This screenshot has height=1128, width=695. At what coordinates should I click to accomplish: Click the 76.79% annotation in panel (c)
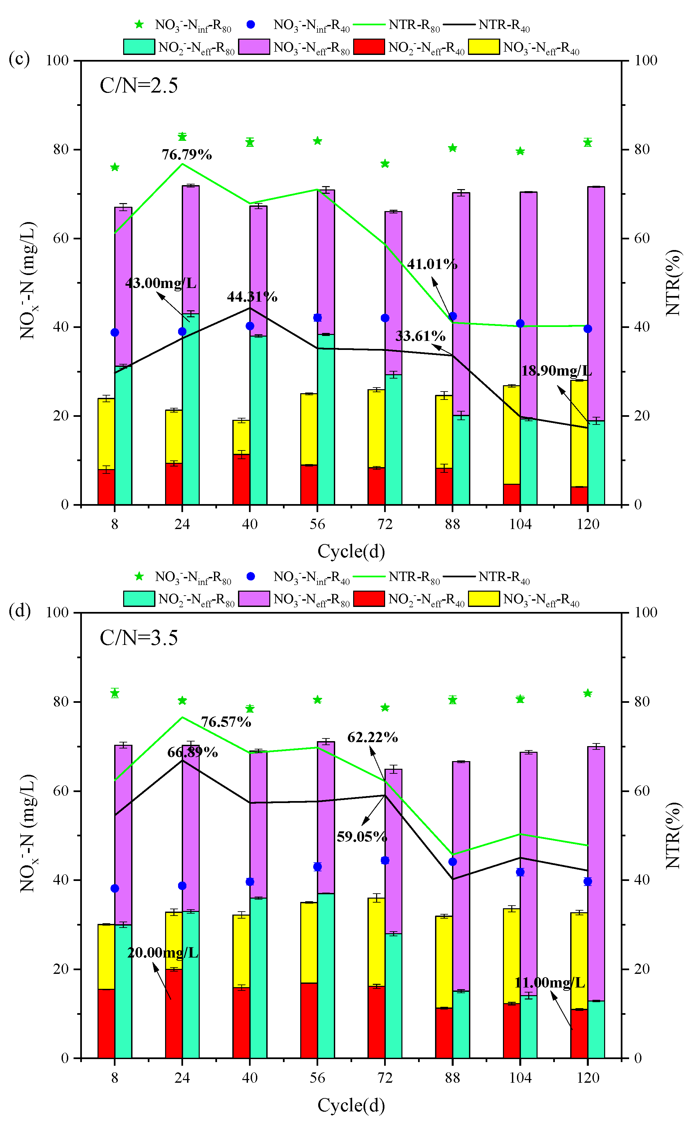[x=187, y=155]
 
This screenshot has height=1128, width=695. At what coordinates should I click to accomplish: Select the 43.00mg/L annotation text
[x=161, y=283]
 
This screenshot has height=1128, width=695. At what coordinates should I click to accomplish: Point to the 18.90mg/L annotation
[x=556, y=371]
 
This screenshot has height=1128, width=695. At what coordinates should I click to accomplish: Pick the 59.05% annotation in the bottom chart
[x=362, y=837]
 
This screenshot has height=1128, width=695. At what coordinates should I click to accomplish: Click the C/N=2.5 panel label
[x=139, y=86]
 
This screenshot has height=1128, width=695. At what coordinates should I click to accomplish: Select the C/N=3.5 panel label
[x=139, y=638]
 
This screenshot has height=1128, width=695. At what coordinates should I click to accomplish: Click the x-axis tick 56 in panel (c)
[x=317, y=524]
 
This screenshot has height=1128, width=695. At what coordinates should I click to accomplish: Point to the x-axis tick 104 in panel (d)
[x=520, y=1077]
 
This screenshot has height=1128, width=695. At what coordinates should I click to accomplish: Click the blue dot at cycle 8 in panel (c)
[x=115, y=332]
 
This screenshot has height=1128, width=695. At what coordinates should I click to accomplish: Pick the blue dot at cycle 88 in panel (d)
[x=452, y=862]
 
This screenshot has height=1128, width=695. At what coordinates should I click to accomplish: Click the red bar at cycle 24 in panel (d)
[x=174, y=1013]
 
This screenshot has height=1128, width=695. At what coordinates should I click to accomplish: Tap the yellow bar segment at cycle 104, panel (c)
[x=511, y=434]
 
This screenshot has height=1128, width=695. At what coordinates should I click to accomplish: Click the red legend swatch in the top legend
[x=369, y=47]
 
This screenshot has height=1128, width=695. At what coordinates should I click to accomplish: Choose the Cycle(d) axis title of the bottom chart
[x=351, y=1105]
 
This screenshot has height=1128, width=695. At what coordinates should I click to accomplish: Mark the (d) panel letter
[x=19, y=611]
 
